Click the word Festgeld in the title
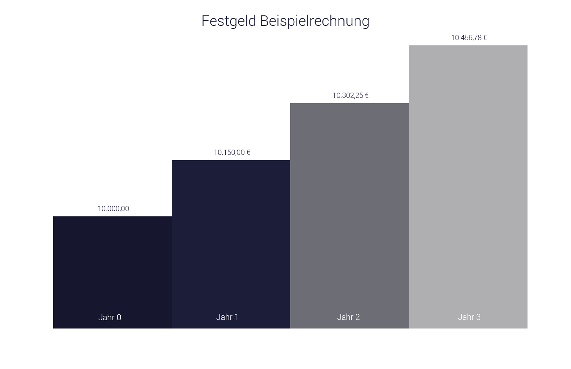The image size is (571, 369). [x=229, y=21]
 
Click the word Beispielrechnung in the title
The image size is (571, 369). [x=315, y=21]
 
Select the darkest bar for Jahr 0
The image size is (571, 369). [x=112, y=262]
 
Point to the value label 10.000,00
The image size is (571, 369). [x=113, y=208]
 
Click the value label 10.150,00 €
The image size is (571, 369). [x=232, y=152]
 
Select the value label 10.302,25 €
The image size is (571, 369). [x=351, y=95]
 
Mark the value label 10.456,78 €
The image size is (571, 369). [x=469, y=37]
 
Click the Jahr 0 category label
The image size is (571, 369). [x=109, y=317]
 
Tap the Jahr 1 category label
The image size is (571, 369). [x=227, y=317]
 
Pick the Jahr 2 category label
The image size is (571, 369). [x=348, y=317]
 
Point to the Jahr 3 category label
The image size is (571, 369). [x=469, y=317]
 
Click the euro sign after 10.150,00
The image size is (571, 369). [x=248, y=152]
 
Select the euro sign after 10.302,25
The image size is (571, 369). [x=367, y=95]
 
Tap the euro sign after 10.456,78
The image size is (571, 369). [x=485, y=37]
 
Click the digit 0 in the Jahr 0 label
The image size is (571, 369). [x=119, y=317]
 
